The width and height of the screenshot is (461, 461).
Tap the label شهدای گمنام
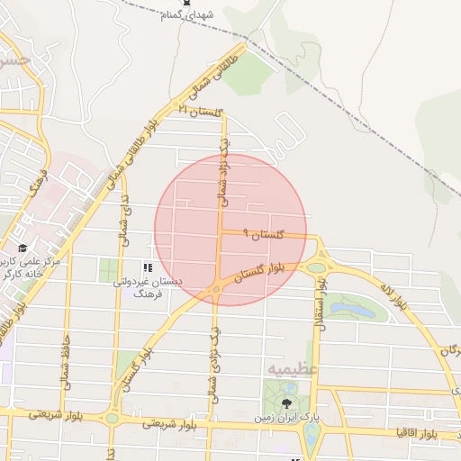tap(187, 16)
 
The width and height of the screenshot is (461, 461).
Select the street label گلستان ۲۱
tap(200, 111)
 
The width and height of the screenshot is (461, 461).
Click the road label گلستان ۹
tap(263, 234)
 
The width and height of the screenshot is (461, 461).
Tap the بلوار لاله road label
tap(393, 297)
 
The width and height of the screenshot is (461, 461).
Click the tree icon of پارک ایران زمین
tap(286, 403)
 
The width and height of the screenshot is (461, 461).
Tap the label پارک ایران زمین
tap(286, 418)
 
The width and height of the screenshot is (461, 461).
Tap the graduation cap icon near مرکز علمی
tap(23, 248)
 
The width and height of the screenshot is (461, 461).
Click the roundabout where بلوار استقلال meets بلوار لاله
tap(316, 267)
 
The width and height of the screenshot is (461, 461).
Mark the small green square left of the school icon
tap(109, 268)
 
